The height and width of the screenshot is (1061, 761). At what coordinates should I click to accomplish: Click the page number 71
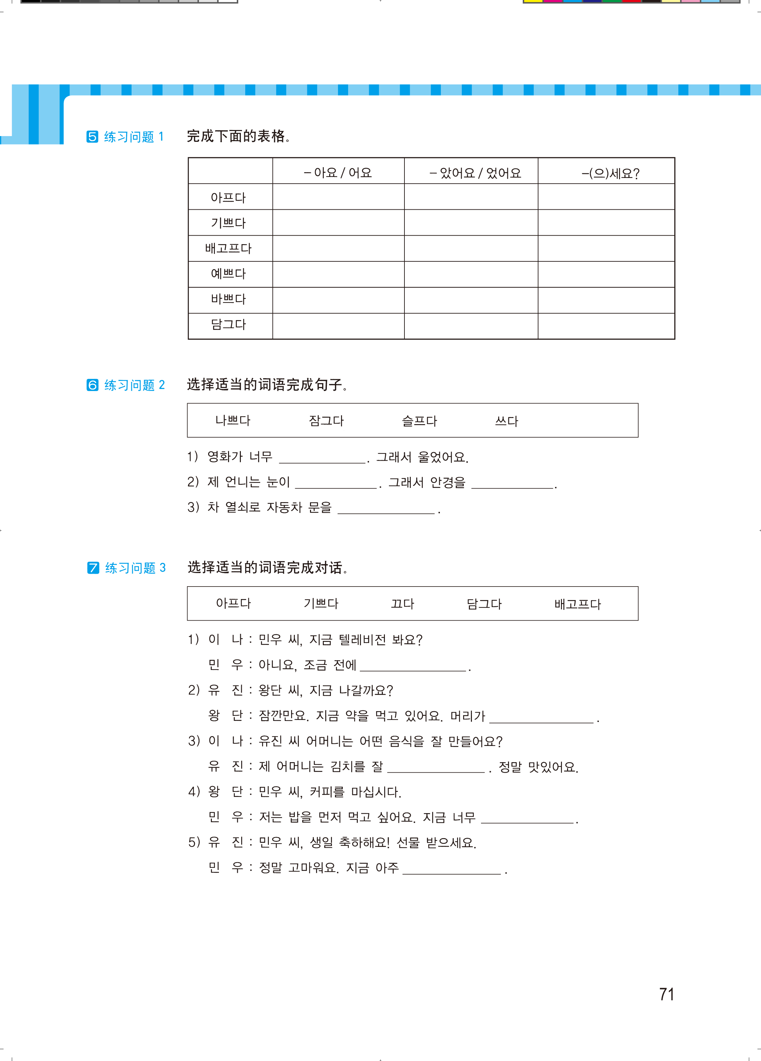[x=666, y=994]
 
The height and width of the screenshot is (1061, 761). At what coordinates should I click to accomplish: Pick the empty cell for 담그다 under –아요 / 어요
[x=338, y=326]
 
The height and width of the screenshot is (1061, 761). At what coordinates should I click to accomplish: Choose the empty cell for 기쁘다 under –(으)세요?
[x=606, y=223]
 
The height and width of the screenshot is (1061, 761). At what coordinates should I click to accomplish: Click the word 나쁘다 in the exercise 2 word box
[x=233, y=420]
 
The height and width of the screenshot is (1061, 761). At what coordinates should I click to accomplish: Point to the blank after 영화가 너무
[x=322, y=458]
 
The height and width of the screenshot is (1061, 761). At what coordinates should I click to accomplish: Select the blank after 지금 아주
[x=452, y=869]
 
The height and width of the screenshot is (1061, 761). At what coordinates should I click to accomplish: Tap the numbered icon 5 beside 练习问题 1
[x=92, y=137]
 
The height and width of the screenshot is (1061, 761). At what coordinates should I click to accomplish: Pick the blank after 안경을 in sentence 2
[x=512, y=483]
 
